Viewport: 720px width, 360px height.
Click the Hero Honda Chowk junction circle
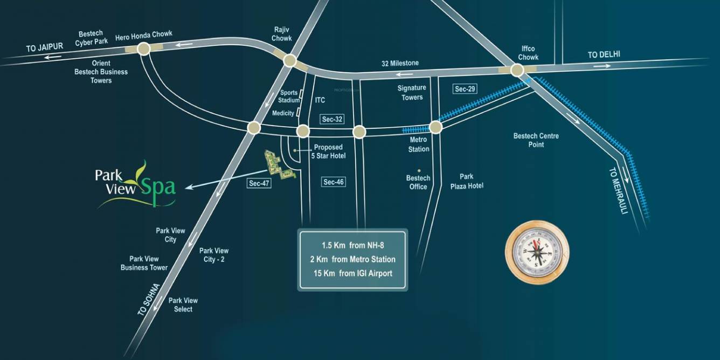click(143, 50)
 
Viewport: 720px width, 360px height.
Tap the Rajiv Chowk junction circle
click(289, 60)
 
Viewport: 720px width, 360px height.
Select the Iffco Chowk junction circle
click(517, 70)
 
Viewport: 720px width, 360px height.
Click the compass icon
click(536, 252)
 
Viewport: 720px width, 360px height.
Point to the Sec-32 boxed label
click(332, 119)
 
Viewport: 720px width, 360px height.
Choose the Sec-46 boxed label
click(333, 182)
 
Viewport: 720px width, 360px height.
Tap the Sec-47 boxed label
click(259, 183)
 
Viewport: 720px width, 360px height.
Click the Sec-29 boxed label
click(465, 89)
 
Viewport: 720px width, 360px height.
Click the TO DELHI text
click(604, 54)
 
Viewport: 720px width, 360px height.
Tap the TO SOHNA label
click(149, 299)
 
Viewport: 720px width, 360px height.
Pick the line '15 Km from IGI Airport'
click(352, 273)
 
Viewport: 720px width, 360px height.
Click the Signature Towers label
click(412, 93)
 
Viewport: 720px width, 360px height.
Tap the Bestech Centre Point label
click(536, 140)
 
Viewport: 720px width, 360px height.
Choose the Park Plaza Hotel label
click(467, 181)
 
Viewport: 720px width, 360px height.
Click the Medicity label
click(283, 113)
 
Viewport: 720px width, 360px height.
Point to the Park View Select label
click(183, 304)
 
